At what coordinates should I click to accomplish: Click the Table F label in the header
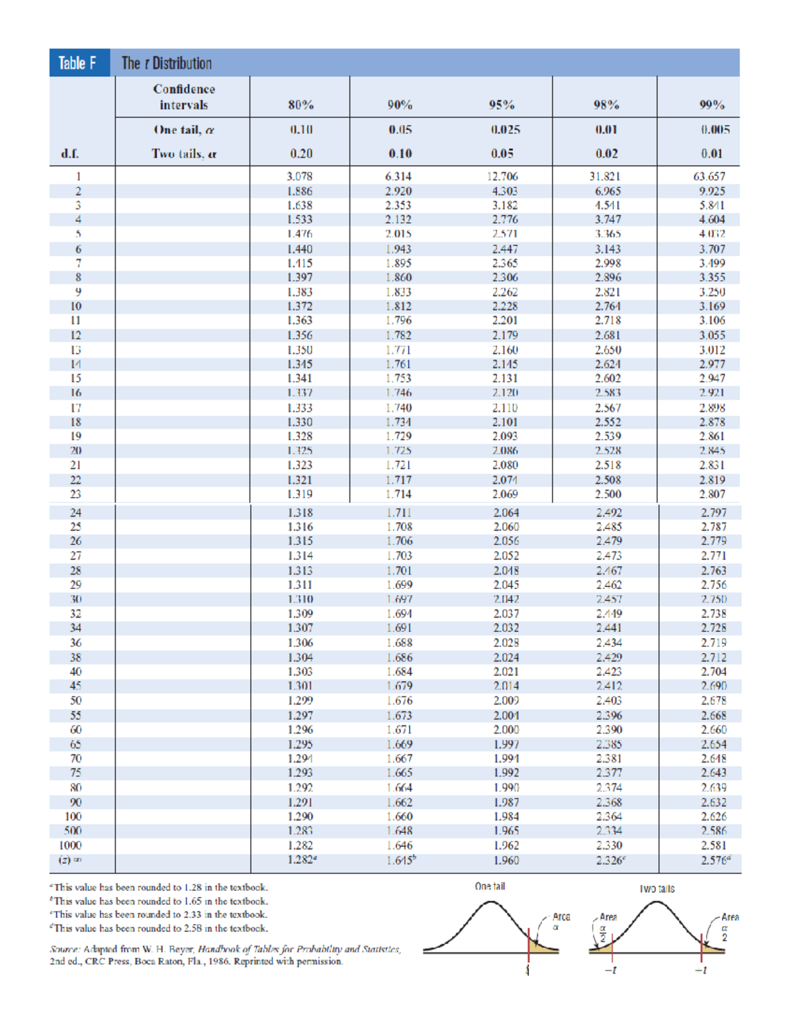(78, 64)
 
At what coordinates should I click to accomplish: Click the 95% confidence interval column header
(502, 105)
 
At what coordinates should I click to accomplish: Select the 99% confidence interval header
(712, 105)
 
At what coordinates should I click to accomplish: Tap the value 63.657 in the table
(709, 177)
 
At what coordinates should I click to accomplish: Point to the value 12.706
(502, 177)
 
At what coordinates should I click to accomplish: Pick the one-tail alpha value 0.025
(505, 130)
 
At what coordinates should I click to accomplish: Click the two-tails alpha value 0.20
(301, 154)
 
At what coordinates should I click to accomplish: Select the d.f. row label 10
(76, 306)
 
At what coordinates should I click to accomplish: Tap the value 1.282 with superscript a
(302, 860)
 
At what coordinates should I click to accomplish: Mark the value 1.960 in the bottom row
(506, 861)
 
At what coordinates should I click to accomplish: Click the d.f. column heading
(70, 154)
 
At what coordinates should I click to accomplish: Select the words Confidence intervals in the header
(184, 97)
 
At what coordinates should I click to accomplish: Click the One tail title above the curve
(490, 886)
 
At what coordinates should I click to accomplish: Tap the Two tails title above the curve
(657, 888)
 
